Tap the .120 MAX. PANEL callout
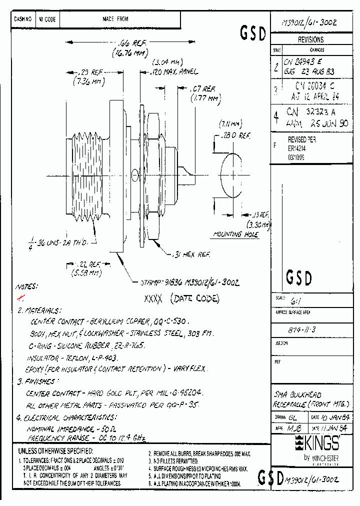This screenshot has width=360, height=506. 175,72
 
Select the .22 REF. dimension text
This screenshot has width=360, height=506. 85,264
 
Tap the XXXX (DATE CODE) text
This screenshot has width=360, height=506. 181,298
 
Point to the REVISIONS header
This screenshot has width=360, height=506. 310,39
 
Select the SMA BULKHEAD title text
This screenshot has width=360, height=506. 298,395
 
